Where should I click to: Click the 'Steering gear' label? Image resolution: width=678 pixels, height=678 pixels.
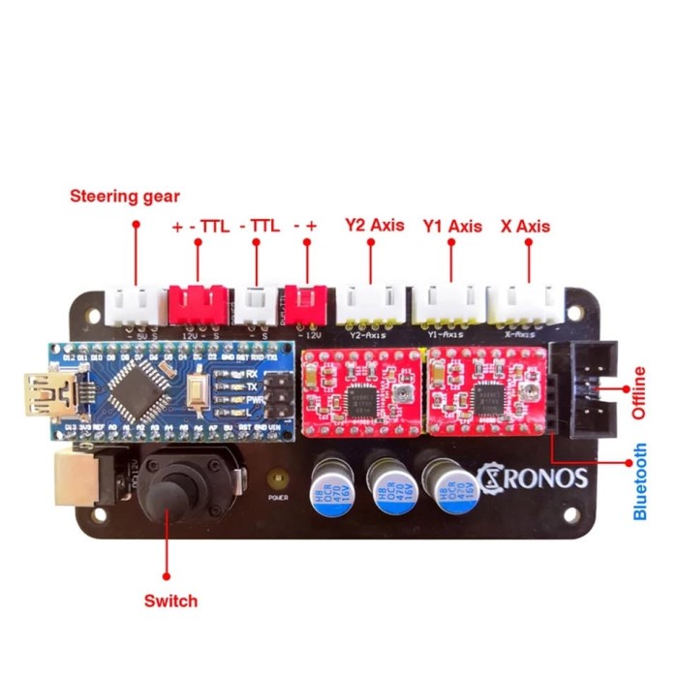coord(124,196)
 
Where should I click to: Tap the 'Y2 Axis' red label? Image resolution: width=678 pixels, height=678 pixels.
coord(374,226)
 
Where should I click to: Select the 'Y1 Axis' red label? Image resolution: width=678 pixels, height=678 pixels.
coord(452,226)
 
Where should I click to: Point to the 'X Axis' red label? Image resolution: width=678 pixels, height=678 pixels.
coord(525,226)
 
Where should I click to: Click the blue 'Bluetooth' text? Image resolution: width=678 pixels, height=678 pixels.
coord(640,481)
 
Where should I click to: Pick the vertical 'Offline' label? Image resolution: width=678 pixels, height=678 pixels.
coord(639,391)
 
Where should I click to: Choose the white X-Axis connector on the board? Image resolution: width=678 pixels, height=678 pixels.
coord(524,304)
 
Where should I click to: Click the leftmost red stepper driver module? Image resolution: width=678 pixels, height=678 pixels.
coord(360,390)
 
